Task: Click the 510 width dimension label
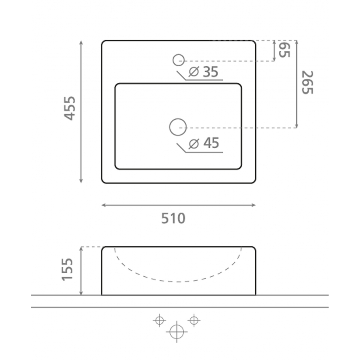[173, 218]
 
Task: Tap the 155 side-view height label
[68, 269]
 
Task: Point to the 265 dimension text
[307, 82]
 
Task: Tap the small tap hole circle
[178, 60]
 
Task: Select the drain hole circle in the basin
[178, 127]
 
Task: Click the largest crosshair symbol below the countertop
[177, 331]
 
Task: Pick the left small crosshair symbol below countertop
[160, 321]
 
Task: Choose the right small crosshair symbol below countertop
[194, 320]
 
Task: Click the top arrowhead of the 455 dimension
[81, 42]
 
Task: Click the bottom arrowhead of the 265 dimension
[296, 126]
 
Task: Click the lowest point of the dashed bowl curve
[178, 282]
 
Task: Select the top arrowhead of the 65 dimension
[274, 42]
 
